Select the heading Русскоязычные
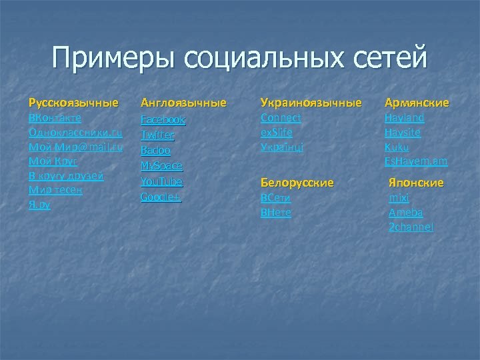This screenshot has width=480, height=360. tap(73, 103)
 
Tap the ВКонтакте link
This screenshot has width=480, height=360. tap(55, 117)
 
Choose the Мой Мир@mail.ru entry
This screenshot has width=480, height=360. tap(75, 147)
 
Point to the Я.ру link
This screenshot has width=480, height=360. tap(39, 205)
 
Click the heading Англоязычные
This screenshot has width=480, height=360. tap(183, 103)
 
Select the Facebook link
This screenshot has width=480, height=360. tap(163, 120)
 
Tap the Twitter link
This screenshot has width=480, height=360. tap(157, 135)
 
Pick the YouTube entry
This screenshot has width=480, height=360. tap(161, 181)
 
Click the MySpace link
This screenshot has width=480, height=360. tap(161, 166)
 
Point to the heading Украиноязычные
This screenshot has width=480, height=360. tap(311, 103)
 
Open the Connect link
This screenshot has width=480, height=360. tap(281, 117)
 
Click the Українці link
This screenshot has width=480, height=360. tap(282, 147)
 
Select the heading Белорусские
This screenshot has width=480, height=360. tap(297, 182)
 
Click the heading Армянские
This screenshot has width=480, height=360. tap(417, 103)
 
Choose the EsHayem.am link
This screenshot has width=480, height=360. tap(416, 161)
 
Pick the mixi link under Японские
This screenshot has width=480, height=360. tap(399, 198)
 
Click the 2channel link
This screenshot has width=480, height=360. tap(411, 227)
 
